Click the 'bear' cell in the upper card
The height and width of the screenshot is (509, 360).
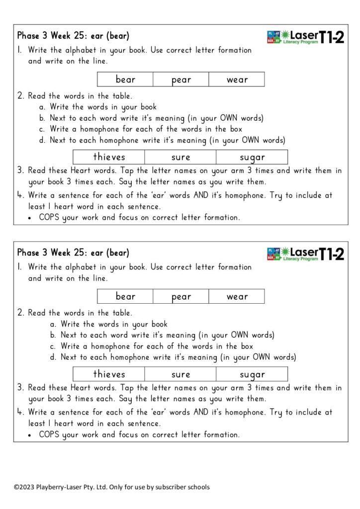pyautogui.click(x=125, y=80)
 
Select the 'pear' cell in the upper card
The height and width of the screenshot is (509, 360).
pyautogui.click(x=181, y=80)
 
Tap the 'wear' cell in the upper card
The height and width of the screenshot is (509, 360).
pyautogui.click(x=237, y=80)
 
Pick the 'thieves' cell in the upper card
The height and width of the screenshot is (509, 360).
pyautogui.click(x=109, y=157)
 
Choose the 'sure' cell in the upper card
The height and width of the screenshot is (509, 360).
pyautogui.click(x=180, y=157)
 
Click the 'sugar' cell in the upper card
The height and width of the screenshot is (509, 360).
pyautogui.click(x=252, y=157)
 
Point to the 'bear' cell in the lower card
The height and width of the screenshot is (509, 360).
pyautogui.click(x=125, y=297)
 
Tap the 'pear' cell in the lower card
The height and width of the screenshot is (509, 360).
pyautogui.click(x=181, y=297)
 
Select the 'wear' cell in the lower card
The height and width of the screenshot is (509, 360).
pyautogui.click(x=237, y=297)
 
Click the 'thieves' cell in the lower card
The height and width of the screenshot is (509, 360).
pyautogui.click(x=109, y=374)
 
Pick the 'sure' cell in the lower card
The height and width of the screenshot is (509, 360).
pyautogui.click(x=180, y=374)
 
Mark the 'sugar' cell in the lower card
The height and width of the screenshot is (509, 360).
pyautogui.click(x=252, y=374)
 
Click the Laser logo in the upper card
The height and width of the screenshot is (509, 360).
pyautogui.click(x=305, y=37)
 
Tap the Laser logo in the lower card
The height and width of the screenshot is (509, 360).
pyautogui.click(x=305, y=254)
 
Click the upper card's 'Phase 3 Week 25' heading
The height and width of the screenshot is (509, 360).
pyautogui.click(x=73, y=36)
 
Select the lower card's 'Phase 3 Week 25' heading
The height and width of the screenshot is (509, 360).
pyautogui.click(x=73, y=253)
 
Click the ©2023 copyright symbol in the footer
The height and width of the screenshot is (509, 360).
pyautogui.click(x=16, y=487)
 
